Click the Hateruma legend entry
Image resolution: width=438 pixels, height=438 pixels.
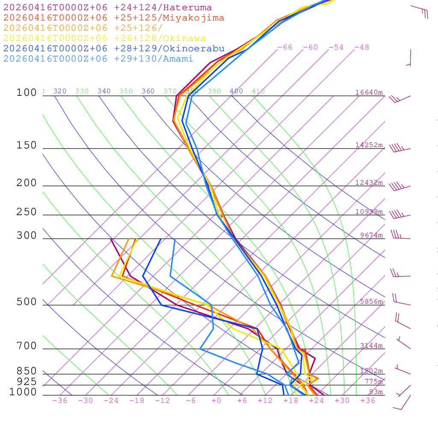tap(107, 8)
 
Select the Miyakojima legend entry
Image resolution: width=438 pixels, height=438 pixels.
tap(114, 18)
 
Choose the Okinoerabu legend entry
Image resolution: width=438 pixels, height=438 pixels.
tap(114, 49)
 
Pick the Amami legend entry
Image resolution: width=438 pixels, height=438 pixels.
tap(98, 59)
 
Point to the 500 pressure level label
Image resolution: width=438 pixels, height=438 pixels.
tap(27, 302)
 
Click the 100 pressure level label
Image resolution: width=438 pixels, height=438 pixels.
tap(27, 92)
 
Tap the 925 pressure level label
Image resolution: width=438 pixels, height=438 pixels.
tap(27, 382)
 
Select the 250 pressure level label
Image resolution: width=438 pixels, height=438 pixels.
tap(27, 212)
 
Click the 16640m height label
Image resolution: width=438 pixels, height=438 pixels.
tap(369, 92)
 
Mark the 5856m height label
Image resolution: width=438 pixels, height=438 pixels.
tap(371, 302)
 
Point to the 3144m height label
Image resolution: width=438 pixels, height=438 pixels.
tap(371, 346)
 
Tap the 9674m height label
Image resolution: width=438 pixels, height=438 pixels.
tap(371, 235)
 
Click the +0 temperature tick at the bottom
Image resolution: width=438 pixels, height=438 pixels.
tap(216, 401)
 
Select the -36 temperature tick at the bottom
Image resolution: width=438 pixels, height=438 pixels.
tap(59, 401)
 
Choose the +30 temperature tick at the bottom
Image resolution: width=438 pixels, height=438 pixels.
tap(342, 401)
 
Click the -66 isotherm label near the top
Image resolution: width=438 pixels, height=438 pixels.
tap(284, 47)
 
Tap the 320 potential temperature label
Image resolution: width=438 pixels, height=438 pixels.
tap(60, 91)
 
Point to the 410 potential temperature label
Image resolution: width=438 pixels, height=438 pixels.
tap(258, 91)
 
